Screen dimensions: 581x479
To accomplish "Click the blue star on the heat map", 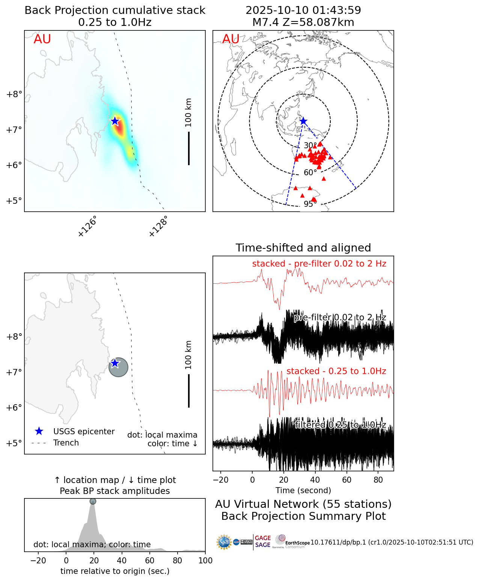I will pyautogui.click(x=115, y=121).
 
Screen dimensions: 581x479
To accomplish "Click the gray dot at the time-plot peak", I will pyautogui.click(x=93, y=501).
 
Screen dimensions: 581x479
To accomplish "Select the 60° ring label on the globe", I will pyautogui.click(x=310, y=173).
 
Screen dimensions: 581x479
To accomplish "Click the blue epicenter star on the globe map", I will pyautogui.click(x=303, y=121).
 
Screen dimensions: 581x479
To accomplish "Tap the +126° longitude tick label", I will pyautogui.click(x=88, y=226).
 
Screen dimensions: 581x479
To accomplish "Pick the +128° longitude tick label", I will pyautogui.click(x=158, y=226).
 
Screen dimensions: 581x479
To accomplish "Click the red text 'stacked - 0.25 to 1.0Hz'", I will pyautogui.click(x=336, y=371).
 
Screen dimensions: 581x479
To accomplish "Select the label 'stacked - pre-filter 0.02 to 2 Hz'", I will pyautogui.click(x=319, y=264).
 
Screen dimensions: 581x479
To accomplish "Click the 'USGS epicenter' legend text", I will pyautogui.click(x=84, y=432).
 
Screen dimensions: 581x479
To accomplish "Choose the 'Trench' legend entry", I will pyautogui.click(x=66, y=443).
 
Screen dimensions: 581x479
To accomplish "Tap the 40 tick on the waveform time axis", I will pyautogui.click(x=315, y=480).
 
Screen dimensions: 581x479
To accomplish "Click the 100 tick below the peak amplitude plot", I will pyautogui.click(x=205, y=561).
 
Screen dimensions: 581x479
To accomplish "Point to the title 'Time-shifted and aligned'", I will pyautogui.click(x=303, y=248).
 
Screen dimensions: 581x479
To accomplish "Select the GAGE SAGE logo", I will pyautogui.click(x=263, y=542).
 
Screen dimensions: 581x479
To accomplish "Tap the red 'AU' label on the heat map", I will pyautogui.click(x=42, y=39).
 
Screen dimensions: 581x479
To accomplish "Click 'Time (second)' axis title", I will pyautogui.click(x=303, y=491).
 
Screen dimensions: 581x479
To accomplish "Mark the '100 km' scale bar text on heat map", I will pyautogui.click(x=188, y=113).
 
